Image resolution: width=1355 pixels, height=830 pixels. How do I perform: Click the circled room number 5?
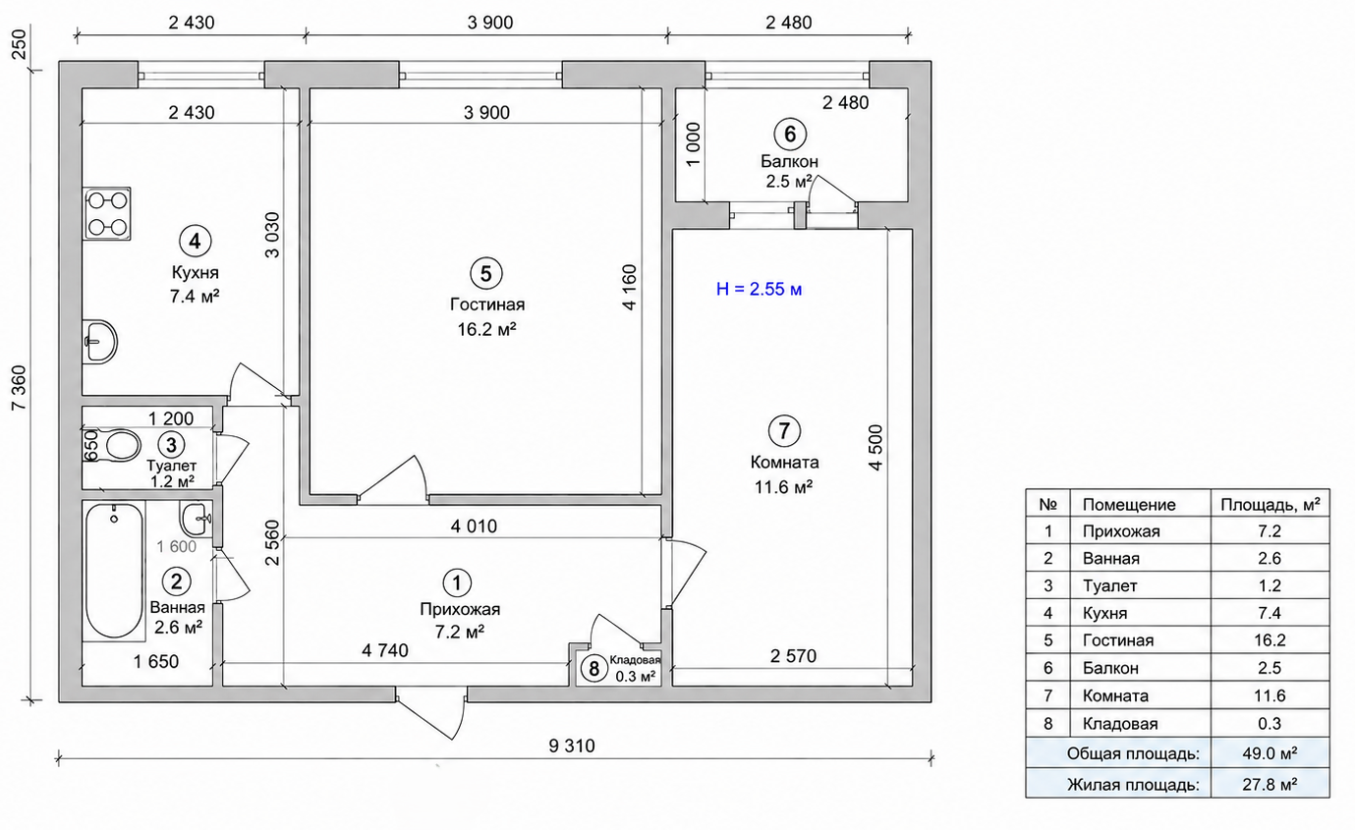pyautogui.click(x=486, y=274)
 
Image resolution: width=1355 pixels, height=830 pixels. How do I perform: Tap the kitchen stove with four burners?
pyautogui.click(x=106, y=213)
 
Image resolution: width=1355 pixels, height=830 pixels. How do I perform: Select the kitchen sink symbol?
pyautogui.click(x=100, y=342)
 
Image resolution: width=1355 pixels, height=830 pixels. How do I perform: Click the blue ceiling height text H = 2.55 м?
pyautogui.click(x=760, y=289)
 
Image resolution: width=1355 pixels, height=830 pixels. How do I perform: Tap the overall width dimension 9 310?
pyautogui.click(x=572, y=746)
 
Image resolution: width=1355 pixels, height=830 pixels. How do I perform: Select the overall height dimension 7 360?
pyautogui.click(x=20, y=387)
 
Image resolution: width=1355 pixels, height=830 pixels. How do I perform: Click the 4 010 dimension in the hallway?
pyautogui.click(x=474, y=526)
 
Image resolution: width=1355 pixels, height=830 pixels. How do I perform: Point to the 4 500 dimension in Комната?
pyautogui.click(x=875, y=448)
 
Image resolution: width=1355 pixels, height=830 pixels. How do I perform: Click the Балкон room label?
pyautogui.click(x=789, y=161)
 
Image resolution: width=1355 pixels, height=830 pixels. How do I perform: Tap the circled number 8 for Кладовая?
pyautogui.click(x=594, y=669)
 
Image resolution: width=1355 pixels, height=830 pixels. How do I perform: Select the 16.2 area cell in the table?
pyautogui.click(x=1270, y=640)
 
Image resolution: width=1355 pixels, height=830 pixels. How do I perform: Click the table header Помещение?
pyautogui.click(x=1129, y=505)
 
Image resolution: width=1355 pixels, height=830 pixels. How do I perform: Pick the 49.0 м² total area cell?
pyautogui.click(x=1270, y=753)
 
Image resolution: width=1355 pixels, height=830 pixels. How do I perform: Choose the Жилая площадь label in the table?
pyautogui.click(x=1133, y=785)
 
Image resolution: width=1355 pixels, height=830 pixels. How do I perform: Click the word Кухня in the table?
pyautogui.click(x=1104, y=613)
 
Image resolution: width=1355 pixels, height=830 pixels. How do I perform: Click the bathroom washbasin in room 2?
pyautogui.click(x=196, y=519)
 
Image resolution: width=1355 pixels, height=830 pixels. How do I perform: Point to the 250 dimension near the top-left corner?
pyautogui.click(x=20, y=45)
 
